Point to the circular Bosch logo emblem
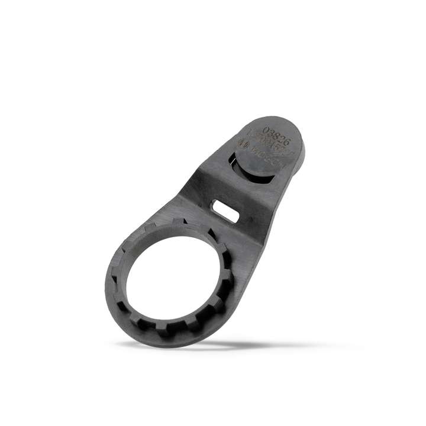click(243, 143)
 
